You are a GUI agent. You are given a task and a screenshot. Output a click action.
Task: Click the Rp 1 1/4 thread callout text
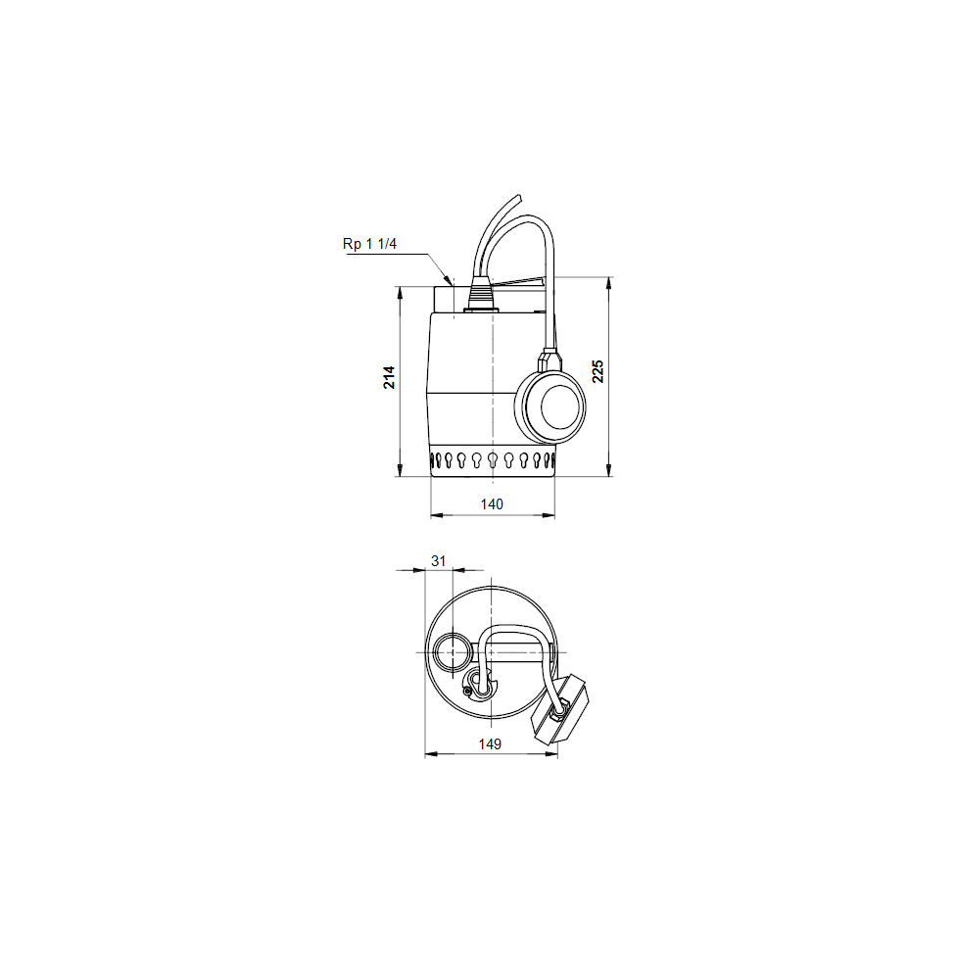click(369, 245)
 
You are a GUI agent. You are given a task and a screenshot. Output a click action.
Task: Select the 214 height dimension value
click(389, 378)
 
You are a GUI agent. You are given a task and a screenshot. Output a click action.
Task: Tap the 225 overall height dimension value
click(598, 371)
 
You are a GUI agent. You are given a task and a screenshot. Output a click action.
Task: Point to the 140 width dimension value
click(492, 503)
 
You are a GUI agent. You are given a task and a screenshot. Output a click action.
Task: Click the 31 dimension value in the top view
click(439, 561)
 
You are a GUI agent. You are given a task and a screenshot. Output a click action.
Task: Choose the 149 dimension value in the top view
click(491, 744)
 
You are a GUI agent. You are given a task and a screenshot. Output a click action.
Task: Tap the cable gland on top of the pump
click(480, 295)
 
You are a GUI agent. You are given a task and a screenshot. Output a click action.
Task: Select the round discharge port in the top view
click(452, 651)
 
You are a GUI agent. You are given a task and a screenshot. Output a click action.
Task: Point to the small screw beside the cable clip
click(469, 693)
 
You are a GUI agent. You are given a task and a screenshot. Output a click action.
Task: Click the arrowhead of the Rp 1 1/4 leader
click(450, 281)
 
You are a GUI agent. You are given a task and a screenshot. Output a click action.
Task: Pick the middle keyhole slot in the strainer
click(492, 459)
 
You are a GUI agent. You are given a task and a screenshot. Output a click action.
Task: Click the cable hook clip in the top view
click(480, 683)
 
